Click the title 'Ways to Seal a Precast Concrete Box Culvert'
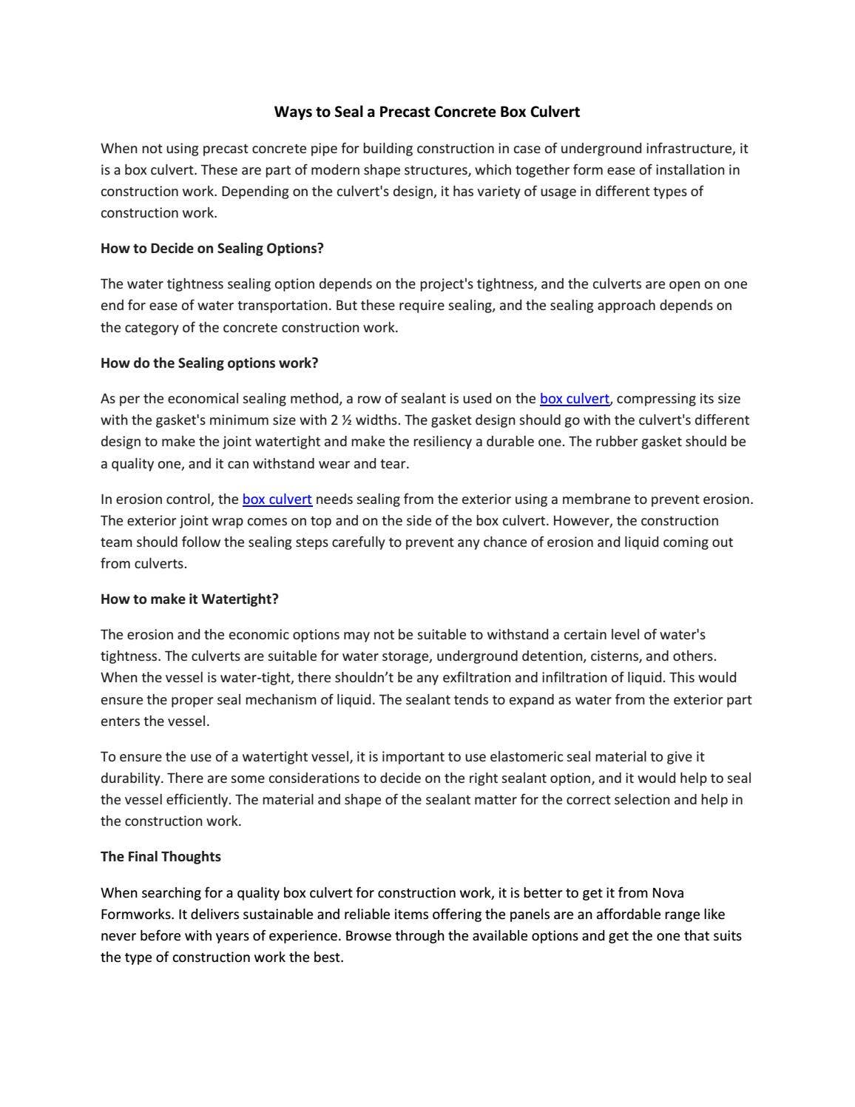coord(427,112)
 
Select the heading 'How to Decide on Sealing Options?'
coord(212,249)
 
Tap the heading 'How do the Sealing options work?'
coord(209,363)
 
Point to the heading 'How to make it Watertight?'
coord(189,599)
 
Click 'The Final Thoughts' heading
coord(160,857)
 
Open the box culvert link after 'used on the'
coord(575,399)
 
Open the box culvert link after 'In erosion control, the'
coord(277,499)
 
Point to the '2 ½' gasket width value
coord(340,420)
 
